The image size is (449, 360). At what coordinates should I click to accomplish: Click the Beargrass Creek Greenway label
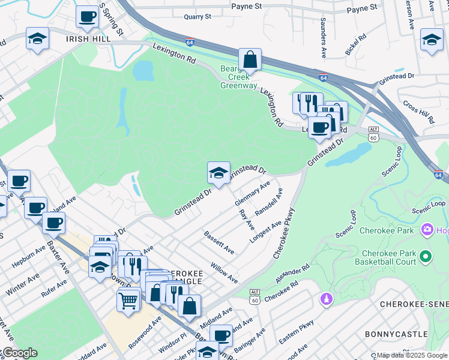(x=238, y=76)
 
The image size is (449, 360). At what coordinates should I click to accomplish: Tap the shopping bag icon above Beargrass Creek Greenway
(x=250, y=60)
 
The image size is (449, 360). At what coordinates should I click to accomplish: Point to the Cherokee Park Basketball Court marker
(x=426, y=257)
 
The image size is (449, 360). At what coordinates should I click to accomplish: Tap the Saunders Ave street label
(x=324, y=45)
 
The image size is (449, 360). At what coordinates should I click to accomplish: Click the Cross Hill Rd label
(x=418, y=111)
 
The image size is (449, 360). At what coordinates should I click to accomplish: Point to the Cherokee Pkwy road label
(x=285, y=233)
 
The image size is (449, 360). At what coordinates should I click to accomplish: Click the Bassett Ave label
(x=218, y=242)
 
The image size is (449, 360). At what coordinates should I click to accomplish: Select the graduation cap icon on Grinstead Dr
(x=218, y=174)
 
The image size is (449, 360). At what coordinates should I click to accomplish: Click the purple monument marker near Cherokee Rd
(x=326, y=298)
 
